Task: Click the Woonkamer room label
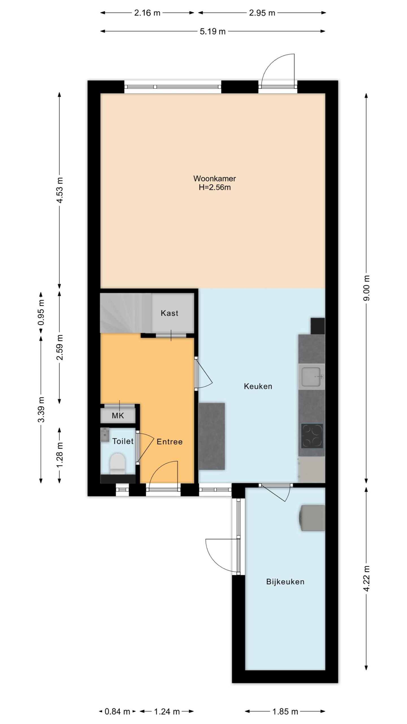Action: coord(215,178)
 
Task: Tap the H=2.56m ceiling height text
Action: coord(215,188)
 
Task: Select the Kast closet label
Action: coord(170,313)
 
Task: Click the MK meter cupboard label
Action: coord(118,416)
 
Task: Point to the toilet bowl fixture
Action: coord(117,464)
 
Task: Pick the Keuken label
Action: coord(258,386)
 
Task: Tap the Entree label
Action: coord(170,442)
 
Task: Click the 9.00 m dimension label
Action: coord(367,288)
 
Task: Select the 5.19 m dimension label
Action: coord(213,31)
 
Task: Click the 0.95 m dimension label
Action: coord(41,313)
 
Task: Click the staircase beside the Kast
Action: coord(126,313)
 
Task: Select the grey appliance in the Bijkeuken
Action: coord(312,518)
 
